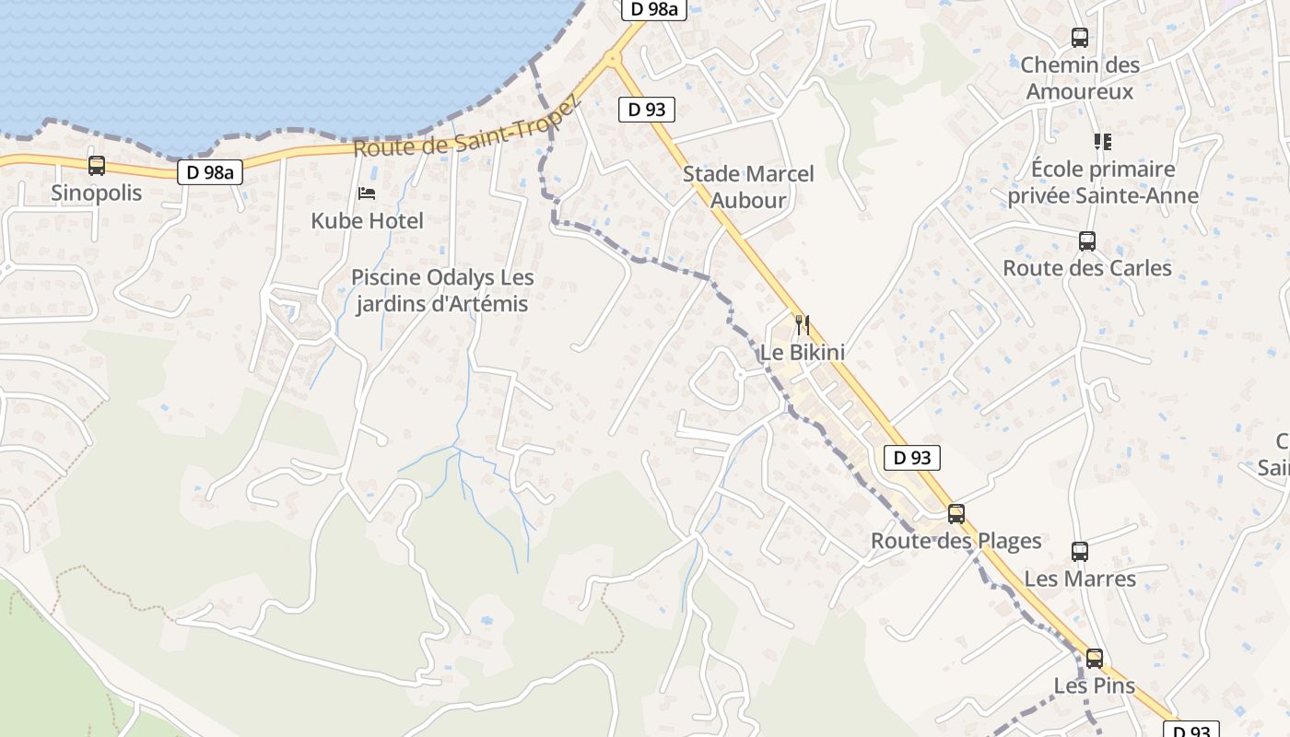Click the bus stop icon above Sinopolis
97,166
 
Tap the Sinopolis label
97,193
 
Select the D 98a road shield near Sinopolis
210,172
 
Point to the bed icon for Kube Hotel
367,193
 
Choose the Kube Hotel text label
367,221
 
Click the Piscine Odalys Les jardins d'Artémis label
442,290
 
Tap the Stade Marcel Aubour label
748,187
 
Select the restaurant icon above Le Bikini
803,324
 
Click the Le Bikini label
803,352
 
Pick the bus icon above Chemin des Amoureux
1080,38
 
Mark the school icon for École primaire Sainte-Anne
1102,142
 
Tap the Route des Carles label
1087,268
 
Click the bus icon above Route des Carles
1087,241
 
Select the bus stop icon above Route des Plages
956,514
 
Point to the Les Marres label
1080,579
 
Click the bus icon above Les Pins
1095,659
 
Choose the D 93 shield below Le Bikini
912,457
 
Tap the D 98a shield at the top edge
653,9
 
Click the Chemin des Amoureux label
1080,78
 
